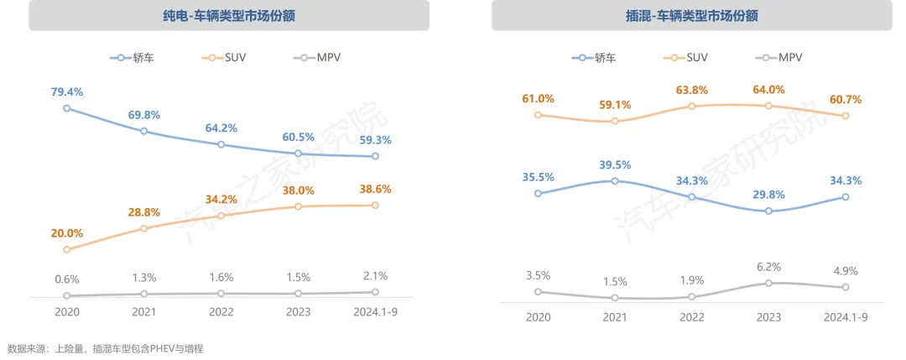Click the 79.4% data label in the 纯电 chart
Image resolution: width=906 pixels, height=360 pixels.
tap(66, 91)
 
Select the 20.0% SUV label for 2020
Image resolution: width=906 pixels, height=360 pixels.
tap(66, 232)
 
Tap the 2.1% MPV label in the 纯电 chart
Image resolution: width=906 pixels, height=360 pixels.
tap(375, 276)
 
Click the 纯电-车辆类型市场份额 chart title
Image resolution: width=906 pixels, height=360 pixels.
tap(228, 15)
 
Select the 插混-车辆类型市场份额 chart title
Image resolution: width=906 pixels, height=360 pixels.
tap(691, 15)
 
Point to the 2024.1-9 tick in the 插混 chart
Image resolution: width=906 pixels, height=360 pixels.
tap(845, 317)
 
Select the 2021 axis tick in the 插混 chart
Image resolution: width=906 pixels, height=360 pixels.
tap(615, 317)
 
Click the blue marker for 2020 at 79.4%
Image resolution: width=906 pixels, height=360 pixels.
tap(66, 108)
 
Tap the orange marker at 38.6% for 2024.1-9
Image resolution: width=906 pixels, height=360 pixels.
tap(375, 206)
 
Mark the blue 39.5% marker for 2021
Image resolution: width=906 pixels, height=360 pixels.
tap(615, 180)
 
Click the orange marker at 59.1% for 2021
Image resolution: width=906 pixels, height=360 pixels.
tap(615, 121)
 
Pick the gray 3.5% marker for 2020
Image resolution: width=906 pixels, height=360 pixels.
tap(538, 292)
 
